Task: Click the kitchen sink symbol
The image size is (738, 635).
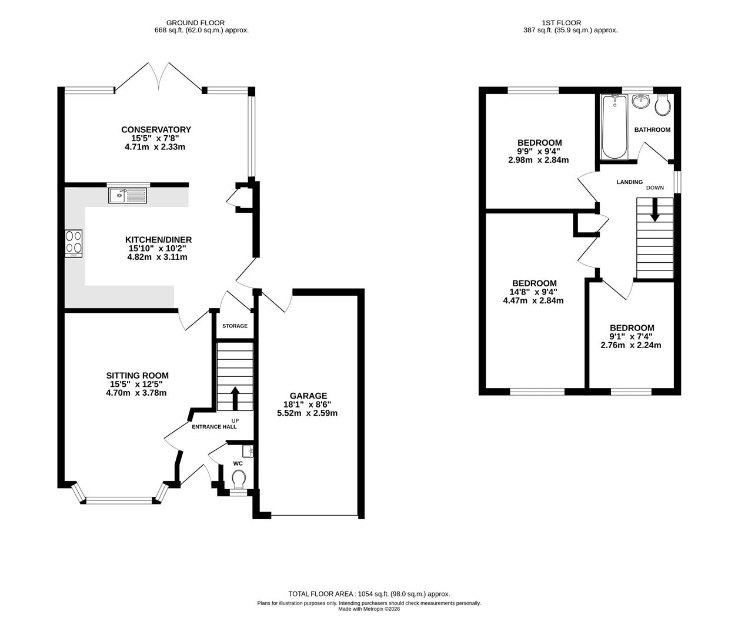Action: pos(128,195)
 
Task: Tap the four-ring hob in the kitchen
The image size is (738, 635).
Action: pos(74,243)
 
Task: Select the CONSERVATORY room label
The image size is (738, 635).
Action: pos(156,130)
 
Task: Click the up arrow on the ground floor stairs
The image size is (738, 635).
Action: pos(235,397)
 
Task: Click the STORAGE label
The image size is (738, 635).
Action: pos(235,326)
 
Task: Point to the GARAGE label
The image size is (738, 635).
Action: pos(308,396)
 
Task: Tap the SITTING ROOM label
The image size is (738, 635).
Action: pos(137,375)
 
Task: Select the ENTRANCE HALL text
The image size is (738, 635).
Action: pos(214,427)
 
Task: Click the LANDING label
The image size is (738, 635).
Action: pos(629,182)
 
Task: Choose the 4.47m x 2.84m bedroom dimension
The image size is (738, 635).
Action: pos(533,300)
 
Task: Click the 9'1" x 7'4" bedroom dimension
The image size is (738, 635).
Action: pos(632,337)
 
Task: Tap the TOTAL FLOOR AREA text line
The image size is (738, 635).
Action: pos(369,594)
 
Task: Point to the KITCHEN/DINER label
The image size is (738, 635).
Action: pos(158,239)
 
